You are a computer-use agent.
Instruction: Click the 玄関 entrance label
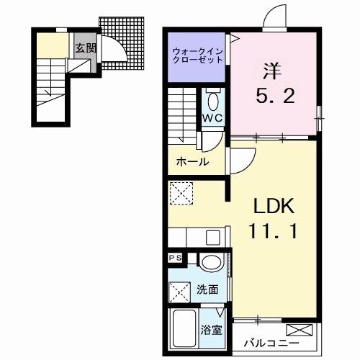(80, 49)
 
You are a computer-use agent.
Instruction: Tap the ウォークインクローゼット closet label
(197, 56)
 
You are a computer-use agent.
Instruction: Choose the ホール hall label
(192, 162)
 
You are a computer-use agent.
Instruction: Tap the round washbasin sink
(211, 263)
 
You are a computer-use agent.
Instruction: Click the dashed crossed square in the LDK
(179, 193)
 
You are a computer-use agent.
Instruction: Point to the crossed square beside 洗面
(180, 292)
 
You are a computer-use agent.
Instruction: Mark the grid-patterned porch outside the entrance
(122, 40)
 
